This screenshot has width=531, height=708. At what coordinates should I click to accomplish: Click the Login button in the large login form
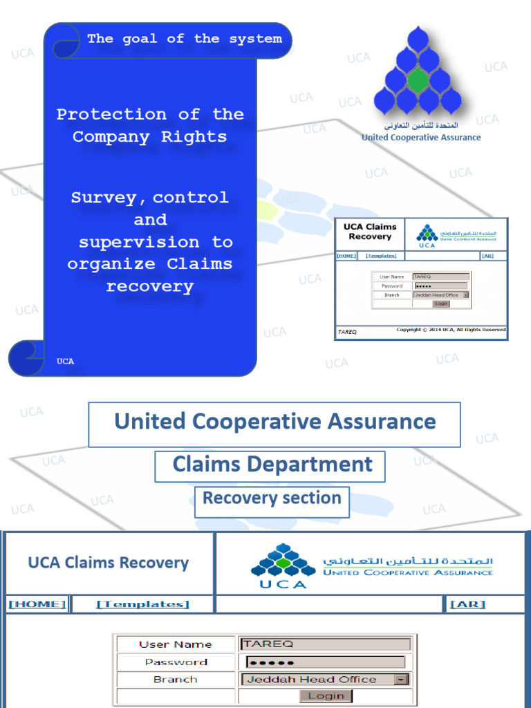[x=326, y=696]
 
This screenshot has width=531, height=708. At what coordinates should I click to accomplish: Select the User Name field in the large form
[x=326, y=644]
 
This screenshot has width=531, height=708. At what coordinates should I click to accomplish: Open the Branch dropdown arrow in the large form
[x=401, y=680]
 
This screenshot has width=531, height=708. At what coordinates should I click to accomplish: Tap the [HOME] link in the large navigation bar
[x=37, y=604]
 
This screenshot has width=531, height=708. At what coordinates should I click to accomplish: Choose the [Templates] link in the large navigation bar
[x=142, y=604]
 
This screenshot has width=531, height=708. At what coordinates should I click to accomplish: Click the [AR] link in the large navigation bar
[x=468, y=604]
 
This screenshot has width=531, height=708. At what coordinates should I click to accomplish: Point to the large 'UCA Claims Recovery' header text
[x=108, y=563]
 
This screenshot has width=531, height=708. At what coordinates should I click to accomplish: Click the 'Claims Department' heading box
[x=272, y=465]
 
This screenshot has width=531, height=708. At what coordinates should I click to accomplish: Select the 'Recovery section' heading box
[x=272, y=499]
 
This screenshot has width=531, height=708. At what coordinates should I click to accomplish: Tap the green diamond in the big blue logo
[x=418, y=80]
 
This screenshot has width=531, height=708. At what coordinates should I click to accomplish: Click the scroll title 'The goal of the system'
[x=185, y=39]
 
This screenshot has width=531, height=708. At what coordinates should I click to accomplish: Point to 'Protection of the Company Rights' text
[x=150, y=125]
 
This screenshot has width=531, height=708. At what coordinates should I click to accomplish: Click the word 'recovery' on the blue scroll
[x=149, y=286]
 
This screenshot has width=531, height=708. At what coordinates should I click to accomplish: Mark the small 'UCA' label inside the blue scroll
[x=65, y=362]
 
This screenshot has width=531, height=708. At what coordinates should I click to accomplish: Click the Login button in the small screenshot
[x=440, y=304]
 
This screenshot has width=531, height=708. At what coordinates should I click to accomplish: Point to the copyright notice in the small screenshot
[x=451, y=330]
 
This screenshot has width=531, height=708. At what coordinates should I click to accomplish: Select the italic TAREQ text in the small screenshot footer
[x=347, y=332]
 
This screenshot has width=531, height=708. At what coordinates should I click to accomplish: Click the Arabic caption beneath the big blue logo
[x=421, y=126]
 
